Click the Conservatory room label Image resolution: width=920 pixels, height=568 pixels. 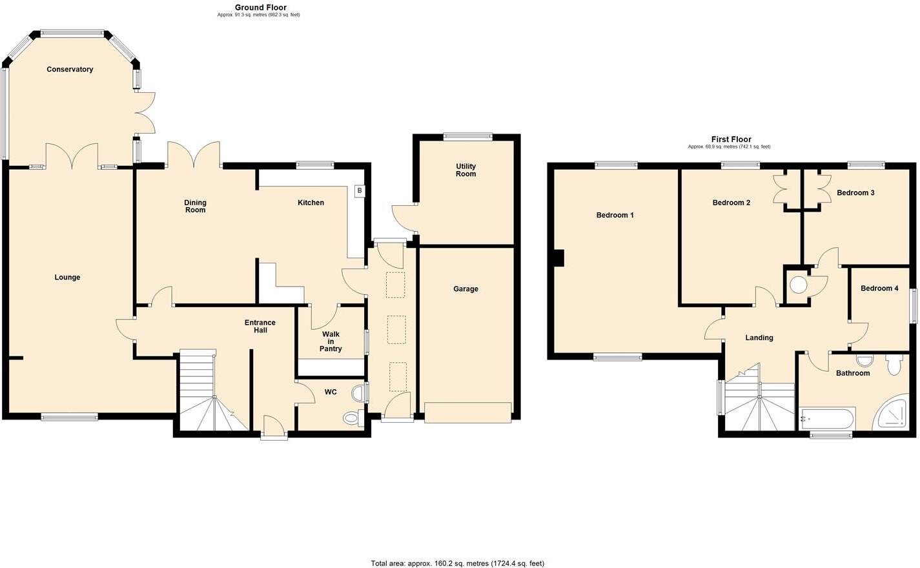tap(70, 69)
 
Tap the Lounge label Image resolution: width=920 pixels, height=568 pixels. tap(67, 278)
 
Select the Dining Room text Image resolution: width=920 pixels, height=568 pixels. tap(195, 207)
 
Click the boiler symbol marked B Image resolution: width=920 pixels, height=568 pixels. tap(359, 191)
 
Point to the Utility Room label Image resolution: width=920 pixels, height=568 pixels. tap(465, 170)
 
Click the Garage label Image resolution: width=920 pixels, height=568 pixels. tap(465, 289)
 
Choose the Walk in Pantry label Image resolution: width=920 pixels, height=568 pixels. tap(331, 341)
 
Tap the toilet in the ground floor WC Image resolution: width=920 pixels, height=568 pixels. tap(351, 418)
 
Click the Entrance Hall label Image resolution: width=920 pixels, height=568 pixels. tap(260, 327)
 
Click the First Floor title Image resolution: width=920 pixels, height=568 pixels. tap(731, 139)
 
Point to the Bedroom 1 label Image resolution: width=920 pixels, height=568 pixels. tap(615, 215)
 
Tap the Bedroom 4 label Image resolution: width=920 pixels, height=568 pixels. tap(879, 289)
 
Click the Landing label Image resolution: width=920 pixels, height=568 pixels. tap(759, 338)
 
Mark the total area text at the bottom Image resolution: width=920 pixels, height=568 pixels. tap(457, 563)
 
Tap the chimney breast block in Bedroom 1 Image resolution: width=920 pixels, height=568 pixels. tap(558, 258)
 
